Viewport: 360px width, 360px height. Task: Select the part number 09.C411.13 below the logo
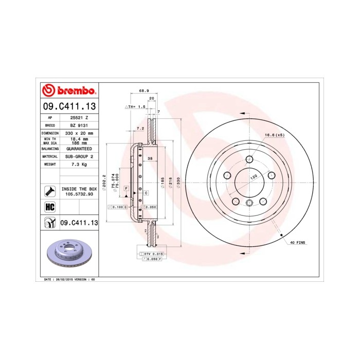pyautogui.click(x=69, y=107)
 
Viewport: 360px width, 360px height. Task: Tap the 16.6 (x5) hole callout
pyautogui.click(x=274, y=135)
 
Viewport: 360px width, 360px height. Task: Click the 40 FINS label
pyautogui.click(x=298, y=242)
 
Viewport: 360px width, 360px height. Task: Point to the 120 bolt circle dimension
pyautogui.click(x=253, y=177)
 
